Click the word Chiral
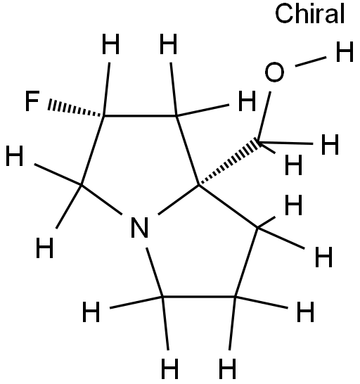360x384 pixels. (x=310, y=14)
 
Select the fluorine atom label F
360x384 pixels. (x=32, y=101)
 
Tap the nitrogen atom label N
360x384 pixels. (x=139, y=227)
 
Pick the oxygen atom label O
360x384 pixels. (x=274, y=72)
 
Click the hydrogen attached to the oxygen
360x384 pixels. (x=345, y=51)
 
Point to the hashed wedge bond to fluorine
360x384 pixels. (x=76, y=108)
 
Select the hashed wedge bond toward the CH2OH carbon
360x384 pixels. (x=229, y=162)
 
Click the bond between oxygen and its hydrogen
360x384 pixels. (x=311, y=61)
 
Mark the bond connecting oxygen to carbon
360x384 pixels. (x=264, y=116)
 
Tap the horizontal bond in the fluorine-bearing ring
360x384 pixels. (x=140, y=115)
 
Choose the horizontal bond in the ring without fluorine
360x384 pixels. (x=198, y=297)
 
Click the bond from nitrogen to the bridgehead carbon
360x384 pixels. (x=179, y=200)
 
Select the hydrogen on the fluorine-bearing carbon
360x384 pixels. (x=110, y=44)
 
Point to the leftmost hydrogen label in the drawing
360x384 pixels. (x=15, y=155)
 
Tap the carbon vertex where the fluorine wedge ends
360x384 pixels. (x=104, y=115)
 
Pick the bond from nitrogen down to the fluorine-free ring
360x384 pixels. (x=155, y=272)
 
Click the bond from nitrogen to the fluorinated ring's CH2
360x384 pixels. (x=102, y=200)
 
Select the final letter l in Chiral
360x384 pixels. (x=342, y=14)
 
